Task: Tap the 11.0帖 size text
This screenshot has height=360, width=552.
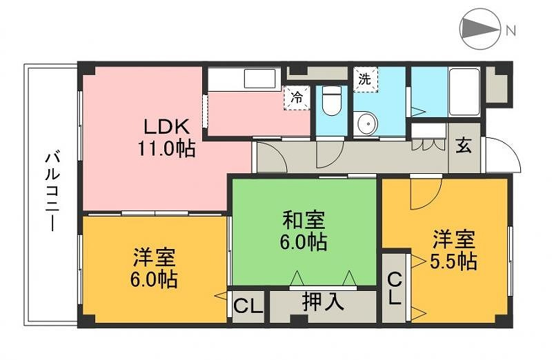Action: tap(166, 148)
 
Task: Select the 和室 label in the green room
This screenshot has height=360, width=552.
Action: tap(304, 221)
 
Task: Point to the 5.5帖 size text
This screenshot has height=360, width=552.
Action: tap(453, 262)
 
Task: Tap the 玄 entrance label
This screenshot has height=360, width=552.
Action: tap(464, 146)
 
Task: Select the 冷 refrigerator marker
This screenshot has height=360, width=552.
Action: tap(296, 97)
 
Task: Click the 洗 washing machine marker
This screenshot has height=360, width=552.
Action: tap(364, 79)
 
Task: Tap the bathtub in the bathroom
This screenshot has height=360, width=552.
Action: tap(464, 91)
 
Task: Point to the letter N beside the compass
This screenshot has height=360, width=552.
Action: tap(511, 30)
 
